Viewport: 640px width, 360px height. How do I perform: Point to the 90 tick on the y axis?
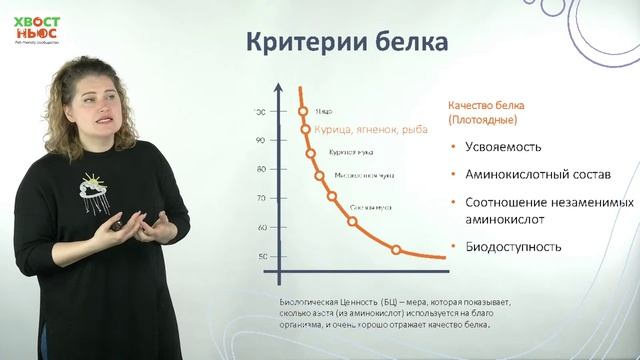(260, 140)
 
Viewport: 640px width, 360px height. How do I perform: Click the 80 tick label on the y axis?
(260, 169)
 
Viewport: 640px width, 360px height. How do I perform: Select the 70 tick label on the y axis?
(260, 198)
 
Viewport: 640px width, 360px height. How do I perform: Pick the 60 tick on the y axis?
(260, 228)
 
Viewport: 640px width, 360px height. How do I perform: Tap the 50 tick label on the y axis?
(260, 257)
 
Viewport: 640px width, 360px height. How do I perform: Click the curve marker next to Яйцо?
(302, 111)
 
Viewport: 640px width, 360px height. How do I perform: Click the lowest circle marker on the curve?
(396, 249)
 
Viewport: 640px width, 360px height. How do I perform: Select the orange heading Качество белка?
(485, 105)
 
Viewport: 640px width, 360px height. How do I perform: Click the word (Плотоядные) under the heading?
(482, 119)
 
